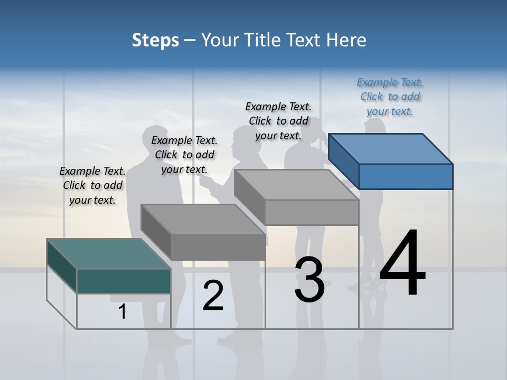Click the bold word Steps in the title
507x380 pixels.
(155, 40)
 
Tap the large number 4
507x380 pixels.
(402, 263)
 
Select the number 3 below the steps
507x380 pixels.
(309, 280)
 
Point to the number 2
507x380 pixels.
(213, 296)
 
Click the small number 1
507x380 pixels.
(123, 312)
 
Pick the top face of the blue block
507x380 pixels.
(390, 149)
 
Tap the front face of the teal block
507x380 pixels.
(124, 281)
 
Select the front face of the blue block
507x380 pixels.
(406, 176)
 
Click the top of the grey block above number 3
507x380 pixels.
(296, 185)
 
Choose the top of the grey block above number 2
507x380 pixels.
(203, 219)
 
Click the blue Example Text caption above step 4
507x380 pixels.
(390, 97)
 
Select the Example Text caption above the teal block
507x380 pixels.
(92, 185)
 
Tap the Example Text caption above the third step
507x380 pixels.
(278, 121)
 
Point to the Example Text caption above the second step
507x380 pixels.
(184, 155)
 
